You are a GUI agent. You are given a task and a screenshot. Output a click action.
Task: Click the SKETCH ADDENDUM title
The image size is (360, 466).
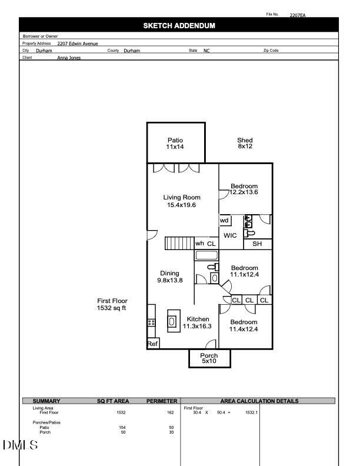[x=179, y=26]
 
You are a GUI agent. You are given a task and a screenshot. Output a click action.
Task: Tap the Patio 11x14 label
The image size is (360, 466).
[x=175, y=144]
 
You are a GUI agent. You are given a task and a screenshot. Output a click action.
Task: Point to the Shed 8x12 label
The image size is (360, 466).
[x=245, y=143]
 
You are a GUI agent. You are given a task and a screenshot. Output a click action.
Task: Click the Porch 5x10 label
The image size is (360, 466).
[x=209, y=358]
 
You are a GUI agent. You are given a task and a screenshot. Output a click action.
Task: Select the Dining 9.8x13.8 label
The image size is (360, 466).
[x=169, y=277]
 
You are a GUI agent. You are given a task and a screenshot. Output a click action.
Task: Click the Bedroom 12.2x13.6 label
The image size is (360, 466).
[x=244, y=189]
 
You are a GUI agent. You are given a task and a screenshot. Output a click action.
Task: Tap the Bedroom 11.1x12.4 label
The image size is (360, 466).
[x=244, y=271]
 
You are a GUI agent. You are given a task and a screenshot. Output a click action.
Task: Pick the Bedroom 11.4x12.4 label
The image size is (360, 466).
[x=244, y=325]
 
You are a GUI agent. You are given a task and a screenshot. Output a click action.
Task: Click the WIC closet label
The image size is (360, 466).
[x=230, y=235]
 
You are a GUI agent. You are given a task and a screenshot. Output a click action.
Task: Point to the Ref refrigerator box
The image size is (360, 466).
[x=152, y=344]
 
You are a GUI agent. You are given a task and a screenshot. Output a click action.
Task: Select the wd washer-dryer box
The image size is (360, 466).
[x=225, y=221]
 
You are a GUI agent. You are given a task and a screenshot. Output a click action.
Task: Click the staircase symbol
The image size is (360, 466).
[x=179, y=244]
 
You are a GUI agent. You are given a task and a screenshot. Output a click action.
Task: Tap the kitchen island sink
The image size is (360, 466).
[x=173, y=321]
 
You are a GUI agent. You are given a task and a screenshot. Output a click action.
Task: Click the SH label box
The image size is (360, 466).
[x=257, y=244]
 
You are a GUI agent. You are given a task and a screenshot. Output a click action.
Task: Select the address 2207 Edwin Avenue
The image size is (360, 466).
[x=78, y=44]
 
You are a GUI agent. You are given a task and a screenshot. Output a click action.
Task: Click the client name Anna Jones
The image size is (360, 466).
[x=69, y=58]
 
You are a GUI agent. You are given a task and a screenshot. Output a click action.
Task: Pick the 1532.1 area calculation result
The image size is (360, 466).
[x=252, y=412]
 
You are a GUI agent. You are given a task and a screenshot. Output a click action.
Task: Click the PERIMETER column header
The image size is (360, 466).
[x=162, y=401]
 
